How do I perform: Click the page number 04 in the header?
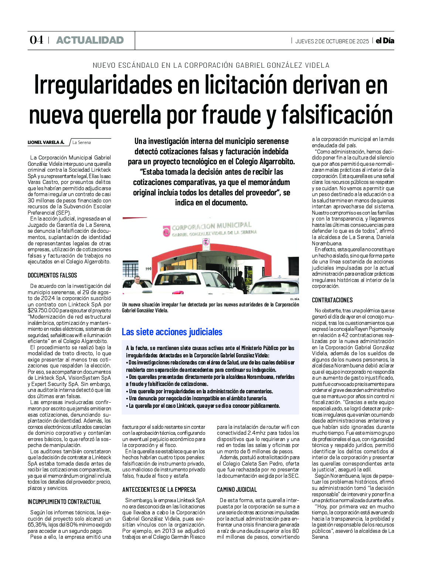(36, 40)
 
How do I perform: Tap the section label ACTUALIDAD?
(90, 40)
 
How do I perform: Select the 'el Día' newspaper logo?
(385, 41)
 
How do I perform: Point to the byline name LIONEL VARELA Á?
(46, 142)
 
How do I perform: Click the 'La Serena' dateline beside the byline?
(82, 142)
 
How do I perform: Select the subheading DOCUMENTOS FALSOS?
(52, 275)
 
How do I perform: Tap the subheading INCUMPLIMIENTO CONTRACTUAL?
(64, 502)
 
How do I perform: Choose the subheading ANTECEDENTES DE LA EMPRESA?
(159, 490)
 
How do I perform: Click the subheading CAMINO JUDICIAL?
(237, 490)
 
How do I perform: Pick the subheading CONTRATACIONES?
(332, 300)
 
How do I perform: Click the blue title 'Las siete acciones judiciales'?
(172, 332)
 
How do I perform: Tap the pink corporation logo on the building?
(167, 231)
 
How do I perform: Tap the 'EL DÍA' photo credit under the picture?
(295, 299)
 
